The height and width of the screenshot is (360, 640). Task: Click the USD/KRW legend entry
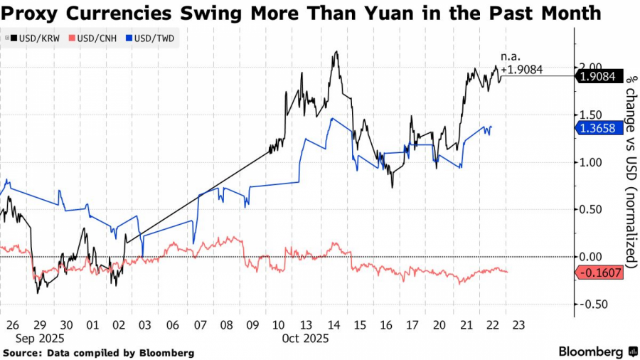click(26, 37)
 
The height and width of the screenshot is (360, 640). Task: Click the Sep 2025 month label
click(33, 339)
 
